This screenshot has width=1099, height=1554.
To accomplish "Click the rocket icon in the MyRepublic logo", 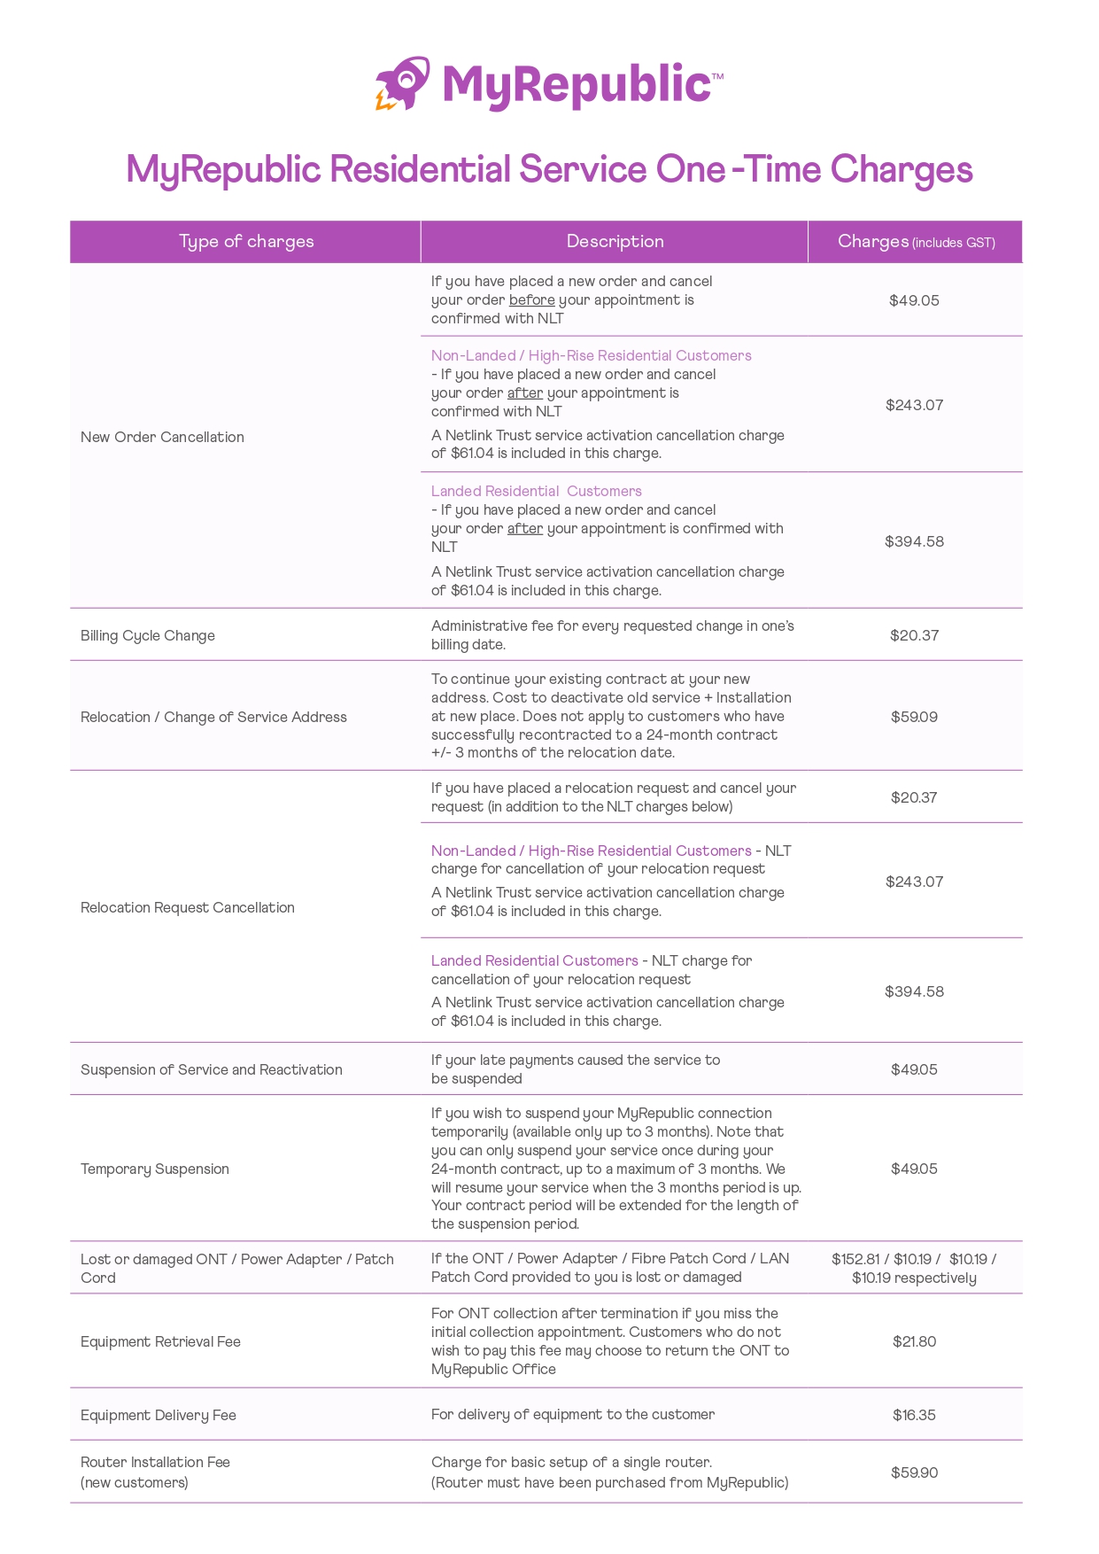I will (x=403, y=84).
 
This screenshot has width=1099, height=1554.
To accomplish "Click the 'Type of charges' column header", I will (x=246, y=242).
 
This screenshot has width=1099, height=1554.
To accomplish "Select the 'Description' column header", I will (x=615, y=242).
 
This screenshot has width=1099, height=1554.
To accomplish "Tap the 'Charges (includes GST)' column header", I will (x=916, y=242).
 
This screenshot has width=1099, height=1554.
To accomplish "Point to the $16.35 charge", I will (x=914, y=1415).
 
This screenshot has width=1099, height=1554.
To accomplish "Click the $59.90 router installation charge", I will (x=914, y=1472).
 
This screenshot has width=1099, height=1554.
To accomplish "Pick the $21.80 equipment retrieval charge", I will (x=914, y=1341).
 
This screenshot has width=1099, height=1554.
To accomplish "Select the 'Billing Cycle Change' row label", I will (x=148, y=635).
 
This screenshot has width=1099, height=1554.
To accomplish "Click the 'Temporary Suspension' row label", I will (x=155, y=1169).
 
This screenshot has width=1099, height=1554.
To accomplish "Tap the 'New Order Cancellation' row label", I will (x=162, y=437).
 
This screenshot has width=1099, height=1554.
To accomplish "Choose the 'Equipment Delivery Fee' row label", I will (x=159, y=1415).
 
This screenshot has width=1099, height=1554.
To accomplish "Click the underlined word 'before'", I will (x=531, y=300).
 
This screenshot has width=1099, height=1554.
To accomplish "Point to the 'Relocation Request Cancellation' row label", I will (x=188, y=907).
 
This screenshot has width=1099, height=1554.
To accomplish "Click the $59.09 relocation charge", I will (x=914, y=717).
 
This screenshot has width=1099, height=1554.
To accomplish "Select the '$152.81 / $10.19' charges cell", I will (x=914, y=1268).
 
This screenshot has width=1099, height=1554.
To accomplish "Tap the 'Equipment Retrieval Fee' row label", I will (x=160, y=1341).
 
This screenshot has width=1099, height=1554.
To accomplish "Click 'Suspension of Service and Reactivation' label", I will (x=212, y=1069).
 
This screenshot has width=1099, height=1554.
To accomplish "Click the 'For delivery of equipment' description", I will (x=573, y=1415).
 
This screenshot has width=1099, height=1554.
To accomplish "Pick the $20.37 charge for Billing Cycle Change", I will (x=914, y=635).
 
